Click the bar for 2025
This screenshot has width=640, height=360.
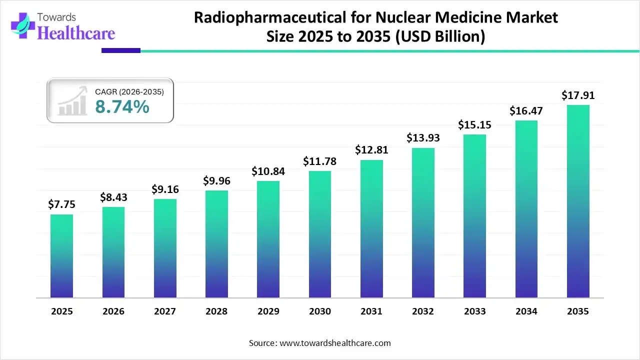tap(61, 256)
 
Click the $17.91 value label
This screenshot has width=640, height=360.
tap(578, 95)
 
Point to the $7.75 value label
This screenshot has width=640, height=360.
tap(61, 204)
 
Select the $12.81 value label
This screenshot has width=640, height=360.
tap(371, 149)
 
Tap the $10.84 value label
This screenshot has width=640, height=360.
tap(268, 171)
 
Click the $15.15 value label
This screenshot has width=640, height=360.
tap(474, 124)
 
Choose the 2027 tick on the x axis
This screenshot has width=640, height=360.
tap(165, 311)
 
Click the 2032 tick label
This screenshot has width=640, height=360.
tap(423, 311)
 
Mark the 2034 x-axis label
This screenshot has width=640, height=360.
tap(526, 311)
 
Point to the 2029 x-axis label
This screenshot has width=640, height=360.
tap(268, 311)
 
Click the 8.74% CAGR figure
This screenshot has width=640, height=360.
tap(122, 106)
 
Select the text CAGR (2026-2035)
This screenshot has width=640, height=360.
tap(129, 91)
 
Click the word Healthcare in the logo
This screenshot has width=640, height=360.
tap(76, 33)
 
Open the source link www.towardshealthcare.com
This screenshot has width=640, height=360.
tap(334, 343)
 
